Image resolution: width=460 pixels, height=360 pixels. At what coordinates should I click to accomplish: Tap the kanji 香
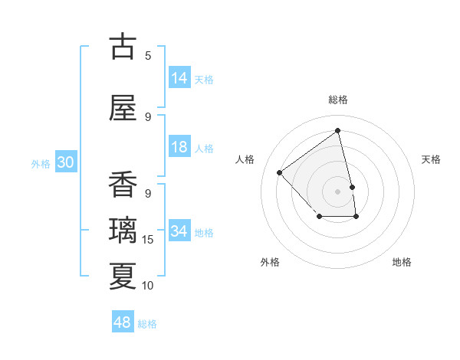point(123,185)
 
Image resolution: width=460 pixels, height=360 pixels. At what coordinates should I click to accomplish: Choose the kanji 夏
point(123,276)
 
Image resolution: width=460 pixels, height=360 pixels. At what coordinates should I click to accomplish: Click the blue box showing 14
point(179,78)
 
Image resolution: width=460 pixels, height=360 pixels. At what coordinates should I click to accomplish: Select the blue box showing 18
point(179,147)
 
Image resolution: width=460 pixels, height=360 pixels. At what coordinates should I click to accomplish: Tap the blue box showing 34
point(179,231)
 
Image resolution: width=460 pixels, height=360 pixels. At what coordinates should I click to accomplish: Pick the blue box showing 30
point(65,163)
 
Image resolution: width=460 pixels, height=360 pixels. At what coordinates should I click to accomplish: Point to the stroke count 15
point(149,240)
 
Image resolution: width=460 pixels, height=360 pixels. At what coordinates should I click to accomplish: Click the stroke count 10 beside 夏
point(148,286)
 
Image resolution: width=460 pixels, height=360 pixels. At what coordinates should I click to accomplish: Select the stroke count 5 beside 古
point(148,55)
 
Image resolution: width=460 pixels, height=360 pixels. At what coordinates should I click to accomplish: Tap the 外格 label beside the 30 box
point(41,164)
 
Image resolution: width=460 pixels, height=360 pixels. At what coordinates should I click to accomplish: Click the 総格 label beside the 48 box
point(147,324)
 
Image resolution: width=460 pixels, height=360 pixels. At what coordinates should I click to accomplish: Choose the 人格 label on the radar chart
point(245,159)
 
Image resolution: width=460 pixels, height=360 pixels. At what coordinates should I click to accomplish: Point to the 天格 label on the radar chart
point(431,159)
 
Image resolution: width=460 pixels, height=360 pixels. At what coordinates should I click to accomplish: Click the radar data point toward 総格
point(338,130)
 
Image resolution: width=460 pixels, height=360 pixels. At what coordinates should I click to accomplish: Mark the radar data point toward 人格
point(280,172)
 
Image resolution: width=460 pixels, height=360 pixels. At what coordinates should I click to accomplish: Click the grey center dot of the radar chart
point(338,191)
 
